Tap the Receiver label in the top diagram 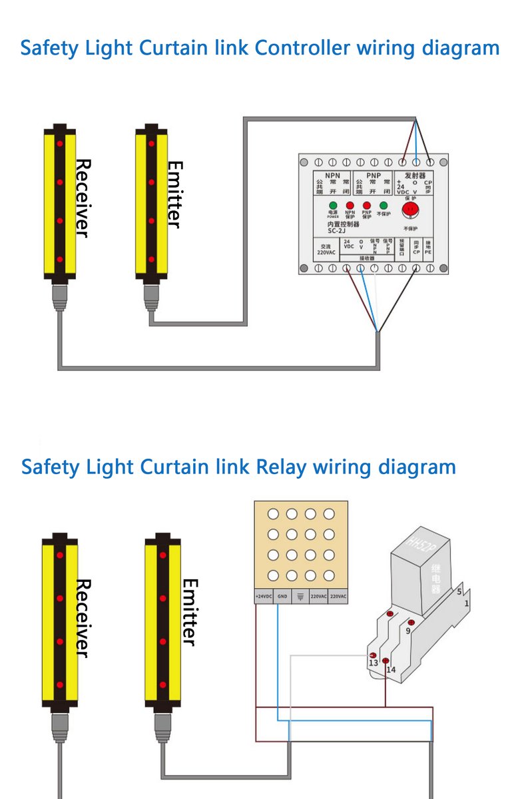tap(82, 198)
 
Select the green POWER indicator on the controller tap(333, 206)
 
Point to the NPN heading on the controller tap(332, 175)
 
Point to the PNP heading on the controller tap(374, 175)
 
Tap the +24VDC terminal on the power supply tap(264, 597)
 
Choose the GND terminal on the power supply tap(282, 597)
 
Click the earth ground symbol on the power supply tap(301, 597)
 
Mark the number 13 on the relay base tap(373, 663)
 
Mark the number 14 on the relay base tap(391, 670)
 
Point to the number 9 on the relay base tap(407, 630)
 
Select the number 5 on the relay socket tap(459, 591)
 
